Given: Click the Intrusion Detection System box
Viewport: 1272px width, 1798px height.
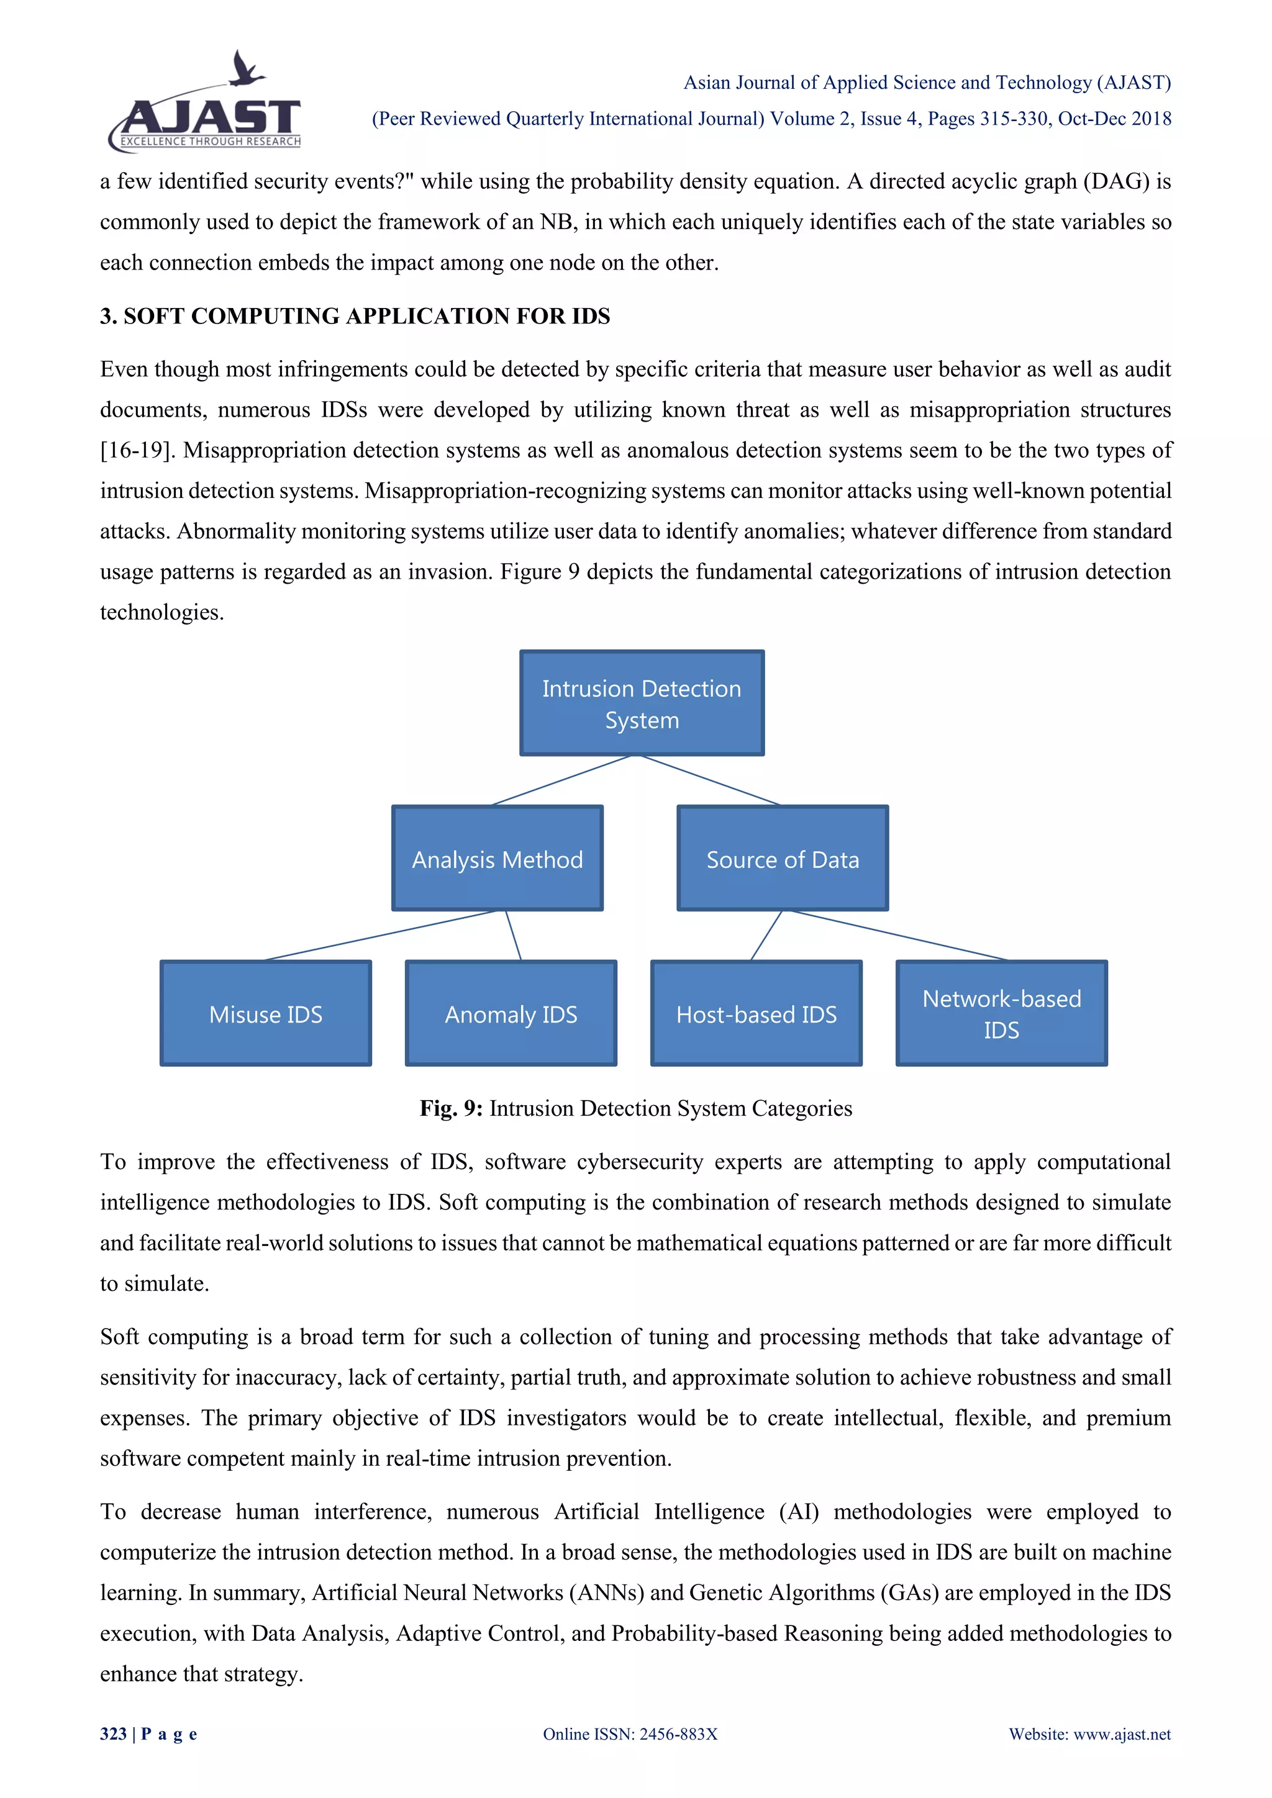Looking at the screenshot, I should pos(642,703).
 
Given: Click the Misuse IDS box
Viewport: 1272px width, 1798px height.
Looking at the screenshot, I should pos(266,1013).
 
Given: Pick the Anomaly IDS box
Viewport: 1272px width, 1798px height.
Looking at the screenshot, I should pos(511,1013).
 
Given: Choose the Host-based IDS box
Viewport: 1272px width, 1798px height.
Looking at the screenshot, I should pos(756,1013).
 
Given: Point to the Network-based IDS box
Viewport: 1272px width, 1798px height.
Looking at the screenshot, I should pos(1001,1013).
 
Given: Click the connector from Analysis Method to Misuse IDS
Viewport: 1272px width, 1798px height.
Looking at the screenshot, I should pos(380,936).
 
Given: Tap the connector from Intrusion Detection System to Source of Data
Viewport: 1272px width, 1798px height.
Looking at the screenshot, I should pos(711,780).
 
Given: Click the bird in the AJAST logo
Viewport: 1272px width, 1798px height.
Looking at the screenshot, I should pos(245,69).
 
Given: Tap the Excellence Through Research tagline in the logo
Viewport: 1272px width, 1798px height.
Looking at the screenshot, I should pos(210,142).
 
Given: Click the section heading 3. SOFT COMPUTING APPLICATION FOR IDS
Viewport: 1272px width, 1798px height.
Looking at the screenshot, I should pos(355,317).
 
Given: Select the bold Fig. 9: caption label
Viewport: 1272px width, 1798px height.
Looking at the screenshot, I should pos(451,1109).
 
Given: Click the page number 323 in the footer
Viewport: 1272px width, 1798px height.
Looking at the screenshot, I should pos(113,1734).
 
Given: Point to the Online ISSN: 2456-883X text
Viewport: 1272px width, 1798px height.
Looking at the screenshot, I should pos(630,1734).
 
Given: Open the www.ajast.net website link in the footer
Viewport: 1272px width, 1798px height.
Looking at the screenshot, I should pos(1121,1734).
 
